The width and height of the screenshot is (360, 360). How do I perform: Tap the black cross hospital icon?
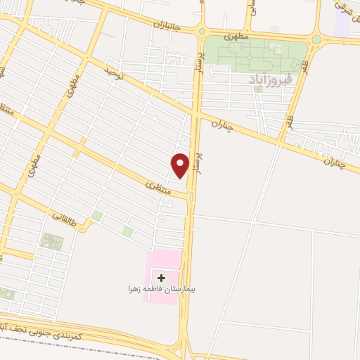tap(162, 278)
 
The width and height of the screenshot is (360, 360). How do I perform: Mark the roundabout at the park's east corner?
tap(316, 40)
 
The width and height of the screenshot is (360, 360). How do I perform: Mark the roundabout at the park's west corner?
tap(202, 31)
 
